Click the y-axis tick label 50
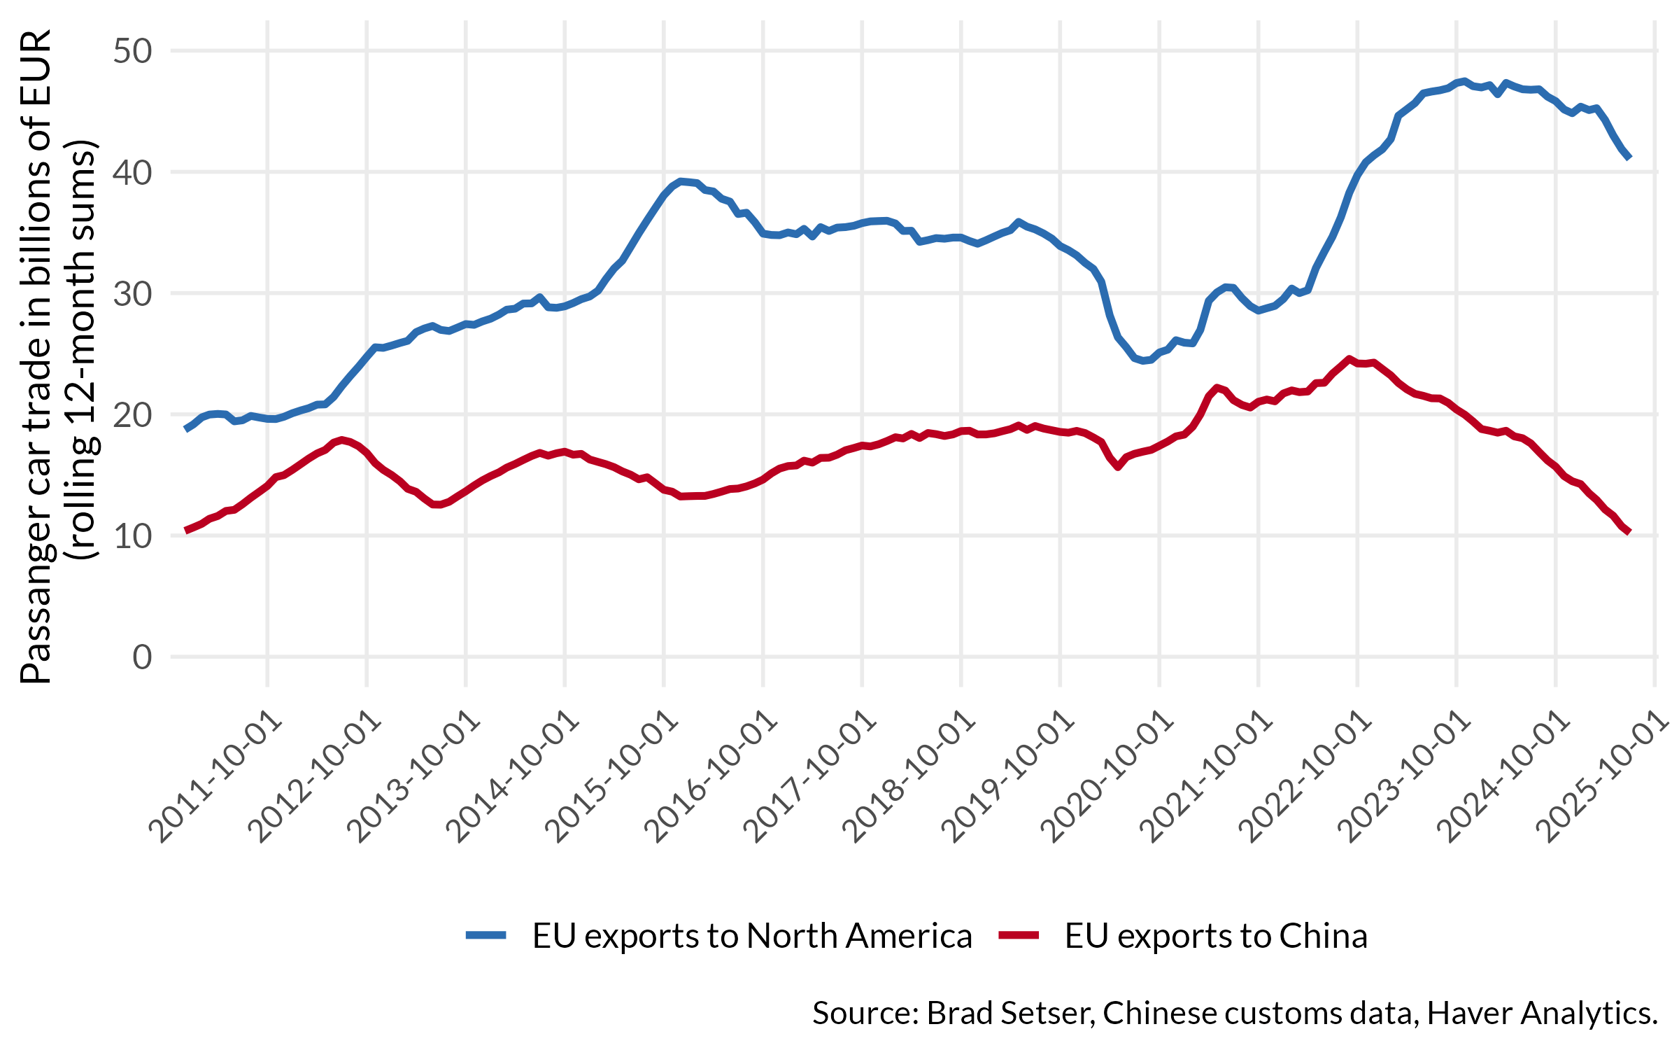tap(132, 51)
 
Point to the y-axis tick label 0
tap(142, 657)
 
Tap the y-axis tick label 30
tap(132, 294)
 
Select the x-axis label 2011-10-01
tap(218, 778)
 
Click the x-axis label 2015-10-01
tap(614, 778)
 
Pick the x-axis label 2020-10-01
tap(1110, 778)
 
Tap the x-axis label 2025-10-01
tap(1605, 778)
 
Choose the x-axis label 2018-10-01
tap(911, 778)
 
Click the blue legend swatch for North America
tap(486, 935)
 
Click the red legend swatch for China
tap(1019, 935)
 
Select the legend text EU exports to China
tap(1216, 936)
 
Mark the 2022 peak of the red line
tap(1349, 359)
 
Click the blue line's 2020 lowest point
tap(1143, 361)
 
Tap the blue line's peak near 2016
tap(681, 181)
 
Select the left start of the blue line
tap(185, 429)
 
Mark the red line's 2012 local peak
tap(341, 440)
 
